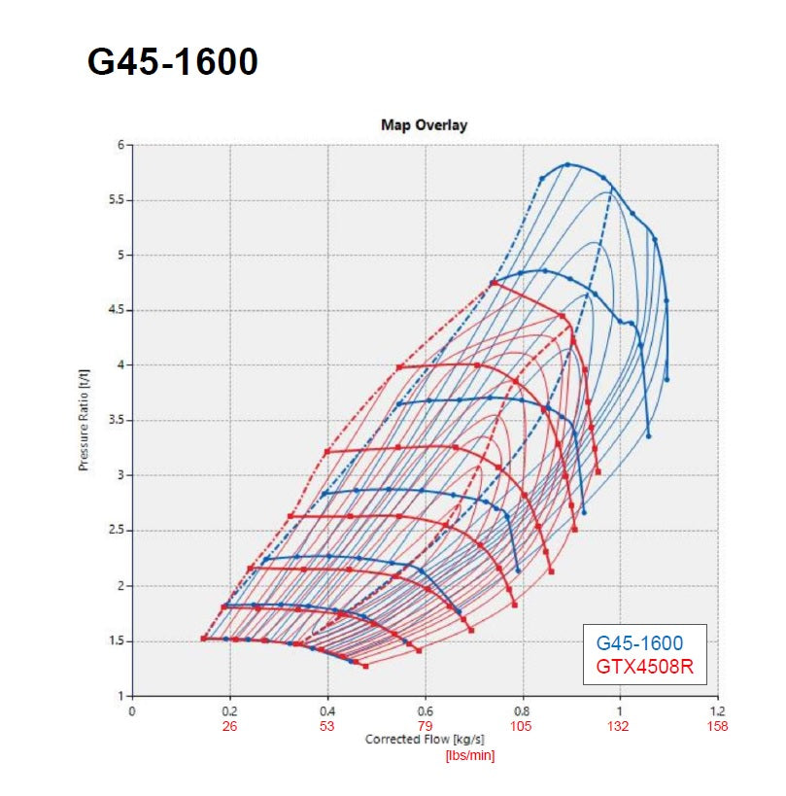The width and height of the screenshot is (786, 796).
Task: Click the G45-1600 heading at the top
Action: [173, 61]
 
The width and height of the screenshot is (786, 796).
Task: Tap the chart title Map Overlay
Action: [424, 125]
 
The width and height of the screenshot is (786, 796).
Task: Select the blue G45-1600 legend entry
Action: [638, 642]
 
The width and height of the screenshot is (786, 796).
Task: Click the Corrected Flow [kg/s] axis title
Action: [426, 740]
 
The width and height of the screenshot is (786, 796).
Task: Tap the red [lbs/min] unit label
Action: [470, 756]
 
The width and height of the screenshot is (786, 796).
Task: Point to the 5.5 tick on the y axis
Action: [120, 200]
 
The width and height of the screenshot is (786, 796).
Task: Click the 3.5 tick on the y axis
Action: [120, 420]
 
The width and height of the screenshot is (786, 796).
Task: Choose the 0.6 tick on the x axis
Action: [426, 711]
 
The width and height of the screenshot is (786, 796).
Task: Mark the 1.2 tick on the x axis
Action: [718, 711]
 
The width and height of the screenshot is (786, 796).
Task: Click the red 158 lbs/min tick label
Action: [718, 726]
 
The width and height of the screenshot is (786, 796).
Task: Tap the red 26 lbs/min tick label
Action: [230, 726]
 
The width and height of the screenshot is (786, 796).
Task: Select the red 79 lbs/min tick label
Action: [426, 726]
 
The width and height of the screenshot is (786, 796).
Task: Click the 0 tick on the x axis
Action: [132, 711]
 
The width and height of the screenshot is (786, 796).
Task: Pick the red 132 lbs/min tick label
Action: [620, 726]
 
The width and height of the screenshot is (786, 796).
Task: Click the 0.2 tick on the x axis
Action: [230, 711]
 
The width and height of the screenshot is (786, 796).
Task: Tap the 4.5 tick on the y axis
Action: [120, 310]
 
